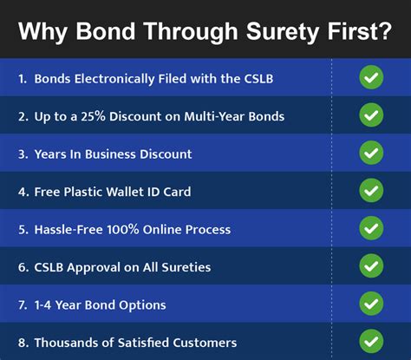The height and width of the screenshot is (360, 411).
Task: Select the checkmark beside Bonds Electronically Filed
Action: click(x=371, y=77)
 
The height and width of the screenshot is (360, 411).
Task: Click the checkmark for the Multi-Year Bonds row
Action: click(x=371, y=115)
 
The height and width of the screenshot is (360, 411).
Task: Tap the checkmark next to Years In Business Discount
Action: click(x=371, y=154)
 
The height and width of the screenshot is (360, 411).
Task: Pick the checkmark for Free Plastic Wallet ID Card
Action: click(x=371, y=191)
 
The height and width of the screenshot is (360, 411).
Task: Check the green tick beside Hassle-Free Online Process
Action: click(x=371, y=229)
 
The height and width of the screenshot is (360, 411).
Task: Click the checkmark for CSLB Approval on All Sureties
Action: click(x=371, y=266)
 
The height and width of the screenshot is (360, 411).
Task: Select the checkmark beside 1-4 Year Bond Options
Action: click(x=371, y=304)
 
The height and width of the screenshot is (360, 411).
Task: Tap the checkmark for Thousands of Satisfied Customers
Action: click(x=371, y=342)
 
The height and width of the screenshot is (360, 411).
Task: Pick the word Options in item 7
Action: click(x=142, y=305)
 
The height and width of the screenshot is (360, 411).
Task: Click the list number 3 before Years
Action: click(x=21, y=154)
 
